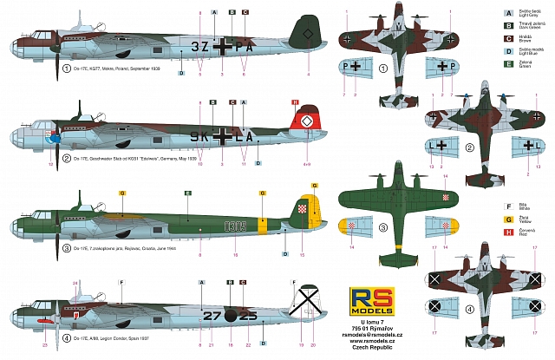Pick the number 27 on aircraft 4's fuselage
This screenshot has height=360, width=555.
212,314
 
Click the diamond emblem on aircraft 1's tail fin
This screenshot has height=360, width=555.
310,36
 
